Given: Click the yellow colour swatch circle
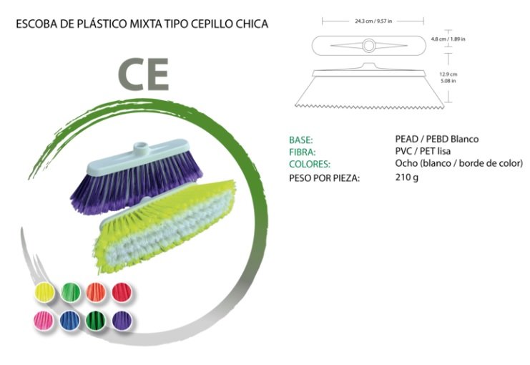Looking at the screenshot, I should [45, 292].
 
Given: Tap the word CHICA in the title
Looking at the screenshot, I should [251, 24].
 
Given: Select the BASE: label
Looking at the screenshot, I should [301, 139].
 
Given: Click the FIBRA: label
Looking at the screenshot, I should [302, 152].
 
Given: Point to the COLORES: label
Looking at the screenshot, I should [309, 164].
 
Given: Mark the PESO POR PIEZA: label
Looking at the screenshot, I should [324, 177].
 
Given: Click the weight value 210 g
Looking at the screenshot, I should [406, 177].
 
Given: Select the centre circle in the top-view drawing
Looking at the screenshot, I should [369, 47].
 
